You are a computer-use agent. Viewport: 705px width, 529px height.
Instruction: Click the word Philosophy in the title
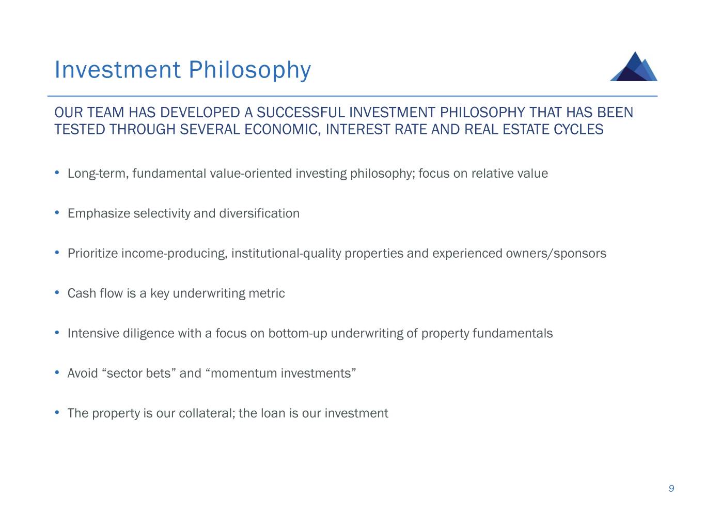[x=249, y=70]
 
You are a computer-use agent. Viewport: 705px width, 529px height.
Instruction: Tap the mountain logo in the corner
[x=633, y=67]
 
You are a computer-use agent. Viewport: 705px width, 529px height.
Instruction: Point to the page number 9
[x=671, y=488]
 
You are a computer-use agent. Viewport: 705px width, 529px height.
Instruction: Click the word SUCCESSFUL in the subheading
[x=301, y=113]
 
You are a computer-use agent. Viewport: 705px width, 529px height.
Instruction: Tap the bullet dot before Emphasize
[x=57, y=212]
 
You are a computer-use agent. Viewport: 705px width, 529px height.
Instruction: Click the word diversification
[x=259, y=213]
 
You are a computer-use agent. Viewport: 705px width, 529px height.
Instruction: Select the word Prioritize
[x=92, y=254]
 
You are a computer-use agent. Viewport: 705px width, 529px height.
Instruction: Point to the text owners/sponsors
[x=556, y=254]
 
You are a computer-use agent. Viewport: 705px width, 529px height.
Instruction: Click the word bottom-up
[x=297, y=333]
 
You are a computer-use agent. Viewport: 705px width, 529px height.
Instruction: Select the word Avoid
[x=83, y=373]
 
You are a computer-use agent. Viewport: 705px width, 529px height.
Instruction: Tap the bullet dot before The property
[x=57, y=412]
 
